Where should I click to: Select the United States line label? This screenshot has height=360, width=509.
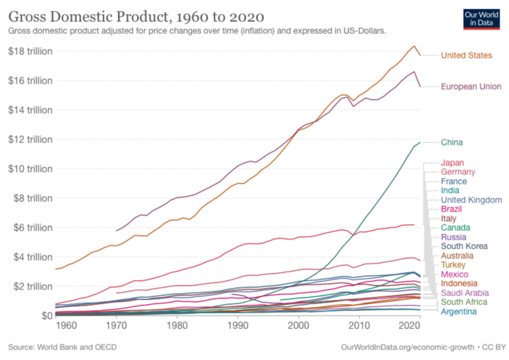465,55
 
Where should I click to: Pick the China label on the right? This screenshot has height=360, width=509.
452,141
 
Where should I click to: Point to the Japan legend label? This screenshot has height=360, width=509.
452,163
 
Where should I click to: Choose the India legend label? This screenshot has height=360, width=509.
450,190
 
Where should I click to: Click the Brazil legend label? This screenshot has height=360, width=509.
452,209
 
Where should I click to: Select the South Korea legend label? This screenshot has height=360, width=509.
463,246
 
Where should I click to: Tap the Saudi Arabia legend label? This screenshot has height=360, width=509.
464,292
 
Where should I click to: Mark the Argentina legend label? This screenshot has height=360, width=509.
459,310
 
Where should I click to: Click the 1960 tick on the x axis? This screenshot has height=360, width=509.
66,325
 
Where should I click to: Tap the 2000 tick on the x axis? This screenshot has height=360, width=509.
300,325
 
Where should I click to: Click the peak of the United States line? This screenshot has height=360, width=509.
414,46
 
